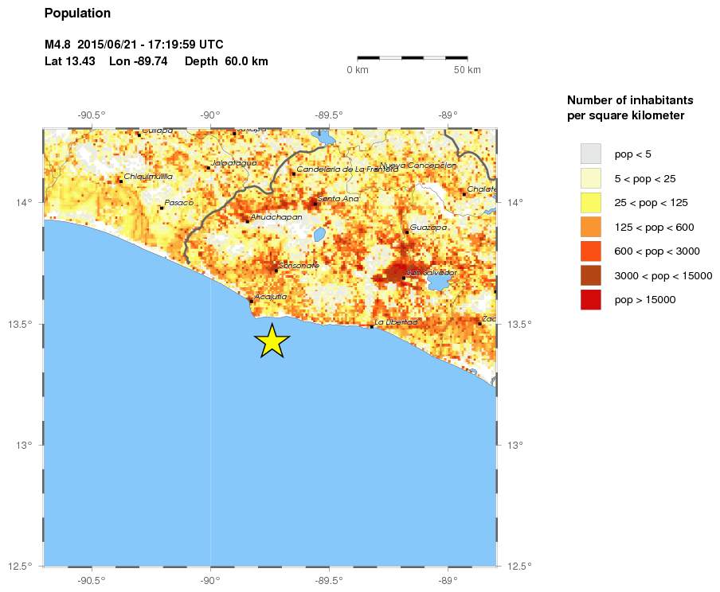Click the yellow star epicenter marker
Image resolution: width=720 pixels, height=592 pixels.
click(x=272, y=341)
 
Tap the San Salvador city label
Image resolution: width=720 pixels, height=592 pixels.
click(x=432, y=273)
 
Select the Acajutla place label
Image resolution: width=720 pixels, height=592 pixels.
click(x=271, y=297)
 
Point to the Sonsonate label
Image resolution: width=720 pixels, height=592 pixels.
click(x=299, y=265)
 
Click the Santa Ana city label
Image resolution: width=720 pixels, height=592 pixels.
click(x=338, y=198)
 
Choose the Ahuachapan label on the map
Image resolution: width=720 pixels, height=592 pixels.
click(x=276, y=216)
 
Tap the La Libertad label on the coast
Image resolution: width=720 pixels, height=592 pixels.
click(x=396, y=322)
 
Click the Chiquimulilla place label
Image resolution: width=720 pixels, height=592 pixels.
click(x=149, y=176)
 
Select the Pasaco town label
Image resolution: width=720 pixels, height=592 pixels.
click(x=179, y=202)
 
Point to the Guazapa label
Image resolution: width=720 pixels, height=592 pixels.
click(x=429, y=228)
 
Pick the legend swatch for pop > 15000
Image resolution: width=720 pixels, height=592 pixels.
click(x=590, y=300)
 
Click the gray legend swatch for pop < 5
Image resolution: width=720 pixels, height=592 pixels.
click(x=590, y=153)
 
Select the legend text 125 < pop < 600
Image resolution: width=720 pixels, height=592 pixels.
click(x=654, y=227)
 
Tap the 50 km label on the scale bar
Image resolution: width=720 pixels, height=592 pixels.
click(x=468, y=70)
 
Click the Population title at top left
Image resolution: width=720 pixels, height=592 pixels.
click(x=77, y=14)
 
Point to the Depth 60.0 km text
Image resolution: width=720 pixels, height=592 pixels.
click(x=226, y=61)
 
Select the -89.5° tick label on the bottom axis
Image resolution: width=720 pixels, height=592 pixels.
click(x=329, y=581)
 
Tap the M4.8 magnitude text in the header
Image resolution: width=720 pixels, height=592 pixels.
click(x=58, y=44)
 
